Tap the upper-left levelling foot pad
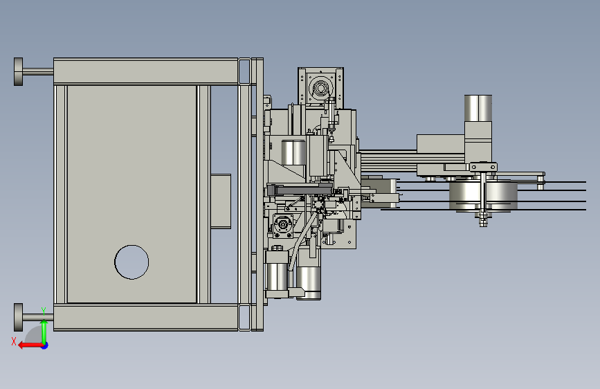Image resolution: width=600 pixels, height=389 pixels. [18, 71]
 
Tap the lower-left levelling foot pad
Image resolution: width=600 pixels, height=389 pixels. [18, 318]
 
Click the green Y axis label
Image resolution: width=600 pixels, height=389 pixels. [44, 311]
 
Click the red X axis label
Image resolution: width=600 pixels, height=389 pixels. [14, 341]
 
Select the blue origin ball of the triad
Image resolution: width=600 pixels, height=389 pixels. [45, 345]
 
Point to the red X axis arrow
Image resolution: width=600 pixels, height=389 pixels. [30, 345]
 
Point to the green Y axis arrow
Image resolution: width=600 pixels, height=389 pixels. [44, 332]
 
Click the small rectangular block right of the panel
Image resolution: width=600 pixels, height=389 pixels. [221, 201]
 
